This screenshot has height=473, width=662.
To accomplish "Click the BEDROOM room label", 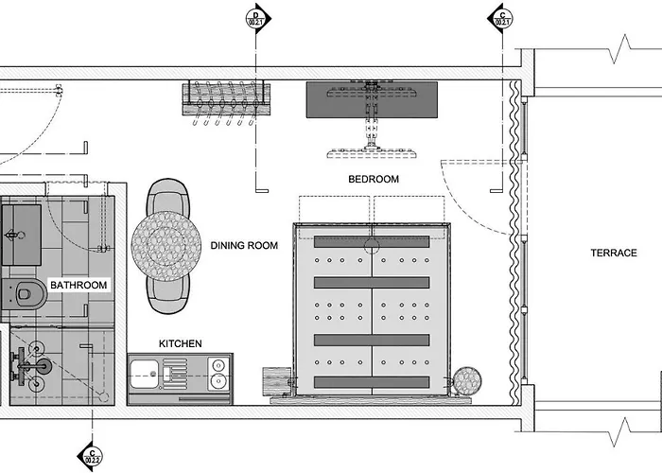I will [374, 179].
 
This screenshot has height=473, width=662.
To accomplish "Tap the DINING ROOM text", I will [244, 246].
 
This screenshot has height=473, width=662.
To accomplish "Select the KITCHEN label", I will [180, 343].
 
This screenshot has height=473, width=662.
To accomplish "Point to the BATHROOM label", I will [78, 284].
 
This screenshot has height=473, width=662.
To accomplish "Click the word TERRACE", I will [615, 253].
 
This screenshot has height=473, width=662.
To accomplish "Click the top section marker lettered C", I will [500, 17].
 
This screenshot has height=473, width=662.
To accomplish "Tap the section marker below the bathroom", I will [90, 455].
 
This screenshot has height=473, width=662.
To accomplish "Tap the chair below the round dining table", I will [167, 292].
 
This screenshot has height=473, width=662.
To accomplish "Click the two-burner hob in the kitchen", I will [217, 374].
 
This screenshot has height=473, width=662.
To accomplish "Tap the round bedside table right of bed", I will [467, 382].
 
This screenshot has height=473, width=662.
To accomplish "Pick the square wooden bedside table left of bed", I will [277, 382].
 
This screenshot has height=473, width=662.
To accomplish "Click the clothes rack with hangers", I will [225, 97].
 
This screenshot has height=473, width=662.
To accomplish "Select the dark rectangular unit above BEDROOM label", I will [372, 98].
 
